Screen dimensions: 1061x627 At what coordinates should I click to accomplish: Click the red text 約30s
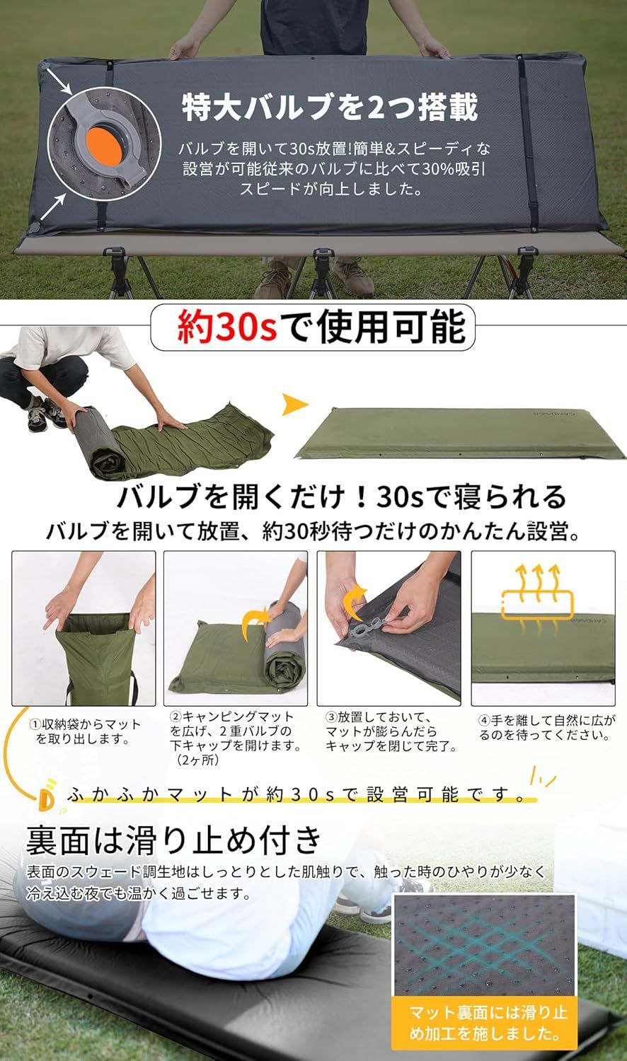pyautogui.click(x=226, y=327)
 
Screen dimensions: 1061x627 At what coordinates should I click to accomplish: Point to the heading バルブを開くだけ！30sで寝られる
pyautogui.click(x=341, y=497)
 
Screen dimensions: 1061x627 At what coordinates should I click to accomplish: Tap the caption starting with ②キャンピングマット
pyautogui.click(x=236, y=738)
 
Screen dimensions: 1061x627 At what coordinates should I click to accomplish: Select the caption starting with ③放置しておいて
pyautogui.click(x=391, y=731)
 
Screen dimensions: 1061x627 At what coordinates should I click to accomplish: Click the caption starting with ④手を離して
pyautogui.click(x=546, y=727)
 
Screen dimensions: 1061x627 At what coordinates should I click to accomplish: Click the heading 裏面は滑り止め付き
pyautogui.click(x=174, y=840)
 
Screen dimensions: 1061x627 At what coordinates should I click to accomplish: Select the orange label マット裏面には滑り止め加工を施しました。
pyautogui.click(x=488, y=1023)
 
